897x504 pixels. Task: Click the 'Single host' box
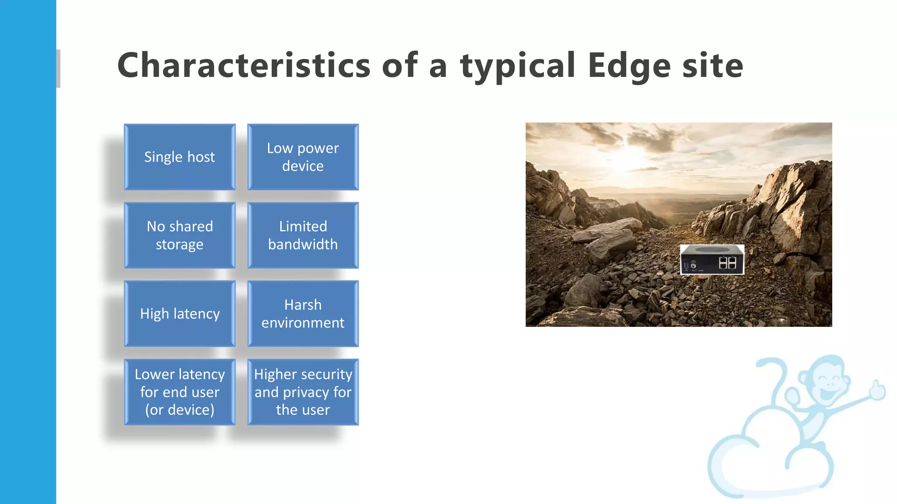180,157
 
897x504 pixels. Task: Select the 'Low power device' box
303,157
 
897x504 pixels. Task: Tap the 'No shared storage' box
180,235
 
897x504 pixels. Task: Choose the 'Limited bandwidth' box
303,235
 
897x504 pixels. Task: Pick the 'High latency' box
180,314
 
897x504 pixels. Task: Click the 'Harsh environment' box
303,314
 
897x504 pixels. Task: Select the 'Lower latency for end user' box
180,392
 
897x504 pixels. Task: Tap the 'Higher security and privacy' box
303,392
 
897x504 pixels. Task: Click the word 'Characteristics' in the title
244,66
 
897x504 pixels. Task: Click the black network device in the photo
712,259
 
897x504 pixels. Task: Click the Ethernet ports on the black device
727,263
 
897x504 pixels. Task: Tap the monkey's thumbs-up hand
877,389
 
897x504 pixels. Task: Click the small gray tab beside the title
58,68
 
